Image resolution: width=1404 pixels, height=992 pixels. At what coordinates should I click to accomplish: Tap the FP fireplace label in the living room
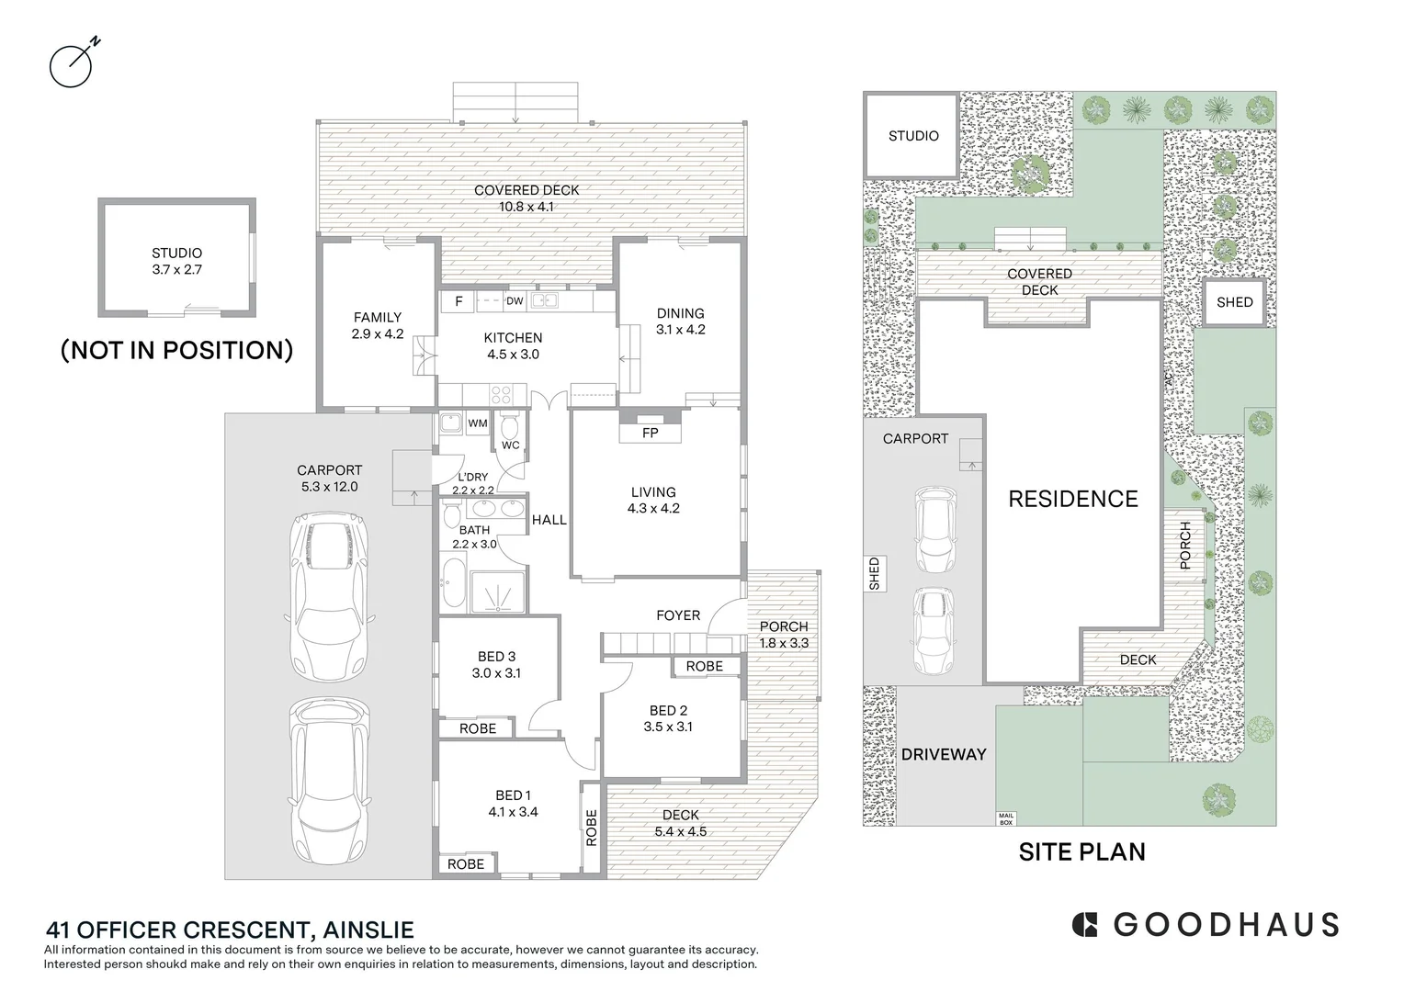pyautogui.click(x=650, y=433)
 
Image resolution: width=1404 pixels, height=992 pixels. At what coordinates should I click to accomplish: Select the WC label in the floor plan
pyautogui.click(x=510, y=445)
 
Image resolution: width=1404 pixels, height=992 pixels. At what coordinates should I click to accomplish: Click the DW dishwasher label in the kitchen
pyautogui.click(x=515, y=301)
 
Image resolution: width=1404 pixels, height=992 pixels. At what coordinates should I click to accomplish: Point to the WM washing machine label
pyautogui.click(x=478, y=423)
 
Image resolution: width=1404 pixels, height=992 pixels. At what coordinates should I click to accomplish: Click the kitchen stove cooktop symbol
pyautogui.click(x=502, y=395)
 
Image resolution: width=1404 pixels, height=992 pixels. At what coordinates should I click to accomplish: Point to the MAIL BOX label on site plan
pyautogui.click(x=1006, y=818)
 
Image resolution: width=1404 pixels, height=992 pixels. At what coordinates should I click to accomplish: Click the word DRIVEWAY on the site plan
pyautogui.click(x=944, y=754)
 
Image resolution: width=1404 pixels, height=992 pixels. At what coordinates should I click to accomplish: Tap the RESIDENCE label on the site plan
pyautogui.click(x=1072, y=500)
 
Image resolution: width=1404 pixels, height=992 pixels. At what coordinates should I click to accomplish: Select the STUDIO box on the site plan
pyautogui.click(x=912, y=136)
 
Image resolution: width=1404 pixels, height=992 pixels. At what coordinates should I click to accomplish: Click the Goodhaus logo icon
pyautogui.click(x=1085, y=924)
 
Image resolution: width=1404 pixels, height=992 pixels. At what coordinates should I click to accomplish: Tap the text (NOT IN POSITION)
pyautogui.click(x=176, y=350)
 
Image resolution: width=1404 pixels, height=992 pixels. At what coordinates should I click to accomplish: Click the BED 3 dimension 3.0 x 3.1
pyautogui.click(x=496, y=673)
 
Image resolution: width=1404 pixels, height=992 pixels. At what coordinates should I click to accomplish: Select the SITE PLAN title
pyautogui.click(x=1081, y=852)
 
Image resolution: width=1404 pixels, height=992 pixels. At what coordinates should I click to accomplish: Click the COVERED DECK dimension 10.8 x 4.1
pyautogui.click(x=526, y=207)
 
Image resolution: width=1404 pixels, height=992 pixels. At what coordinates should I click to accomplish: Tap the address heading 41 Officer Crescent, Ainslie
pyautogui.click(x=229, y=930)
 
